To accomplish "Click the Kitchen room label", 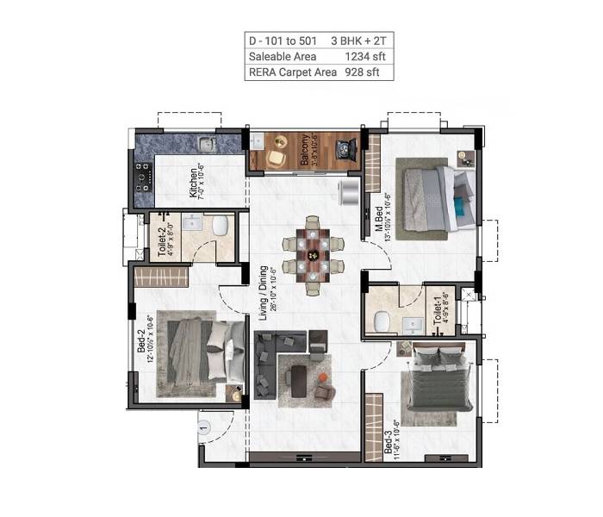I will tap(197, 183).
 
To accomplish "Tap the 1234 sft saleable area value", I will tap(364, 56).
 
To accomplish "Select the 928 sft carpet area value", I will tap(368, 72).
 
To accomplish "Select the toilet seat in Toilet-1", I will tap(381, 321).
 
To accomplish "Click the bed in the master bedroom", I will tap(435, 197).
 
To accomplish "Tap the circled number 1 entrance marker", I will tap(204, 426).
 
